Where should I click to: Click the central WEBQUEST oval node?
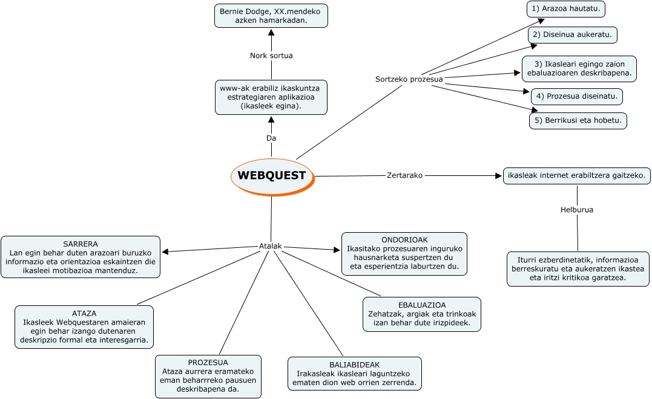pos(272,176)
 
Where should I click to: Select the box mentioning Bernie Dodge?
pos(271,16)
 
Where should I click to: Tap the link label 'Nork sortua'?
pos(271,56)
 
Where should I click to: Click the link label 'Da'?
pos(271,138)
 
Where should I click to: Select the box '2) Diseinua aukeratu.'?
pos(572,35)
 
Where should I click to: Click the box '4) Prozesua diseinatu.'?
pos(576,96)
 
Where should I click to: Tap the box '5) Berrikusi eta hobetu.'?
pos(578,120)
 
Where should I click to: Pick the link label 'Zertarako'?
pos(404,175)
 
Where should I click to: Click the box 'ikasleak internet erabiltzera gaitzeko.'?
pos(577,176)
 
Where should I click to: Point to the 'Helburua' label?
pos(576,210)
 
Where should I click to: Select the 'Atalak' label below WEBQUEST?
pos(271,247)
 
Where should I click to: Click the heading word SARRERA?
pos(81,244)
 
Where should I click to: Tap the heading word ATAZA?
pos(84,314)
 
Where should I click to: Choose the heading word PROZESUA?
pos(208,363)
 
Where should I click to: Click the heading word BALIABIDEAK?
pos(354,365)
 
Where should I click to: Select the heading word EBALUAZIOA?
pos(421,305)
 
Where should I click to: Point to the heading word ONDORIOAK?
pos(404,240)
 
